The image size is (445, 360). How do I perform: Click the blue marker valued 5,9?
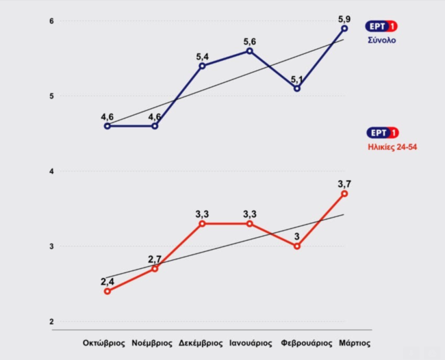pos(344,28)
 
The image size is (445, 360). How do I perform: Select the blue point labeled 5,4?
pos(202,66)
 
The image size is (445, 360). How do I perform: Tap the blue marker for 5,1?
pos(297,88)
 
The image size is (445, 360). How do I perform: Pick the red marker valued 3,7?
pos(344,194)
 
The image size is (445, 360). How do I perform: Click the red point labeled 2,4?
pos(107,291)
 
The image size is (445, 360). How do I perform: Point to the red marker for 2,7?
pos(155,268)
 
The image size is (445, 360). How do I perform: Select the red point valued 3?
pos(297,246)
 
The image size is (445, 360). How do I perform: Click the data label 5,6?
pos(249,42)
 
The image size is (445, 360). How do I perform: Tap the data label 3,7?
pos(344,183)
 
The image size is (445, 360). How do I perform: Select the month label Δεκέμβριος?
pos(199,342)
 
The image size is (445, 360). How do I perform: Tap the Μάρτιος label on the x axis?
pos(354,342)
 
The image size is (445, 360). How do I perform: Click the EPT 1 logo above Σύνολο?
pos(383,27)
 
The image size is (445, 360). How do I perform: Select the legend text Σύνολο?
pos(383,40)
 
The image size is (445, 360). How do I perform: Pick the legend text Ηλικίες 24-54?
pos(393,146)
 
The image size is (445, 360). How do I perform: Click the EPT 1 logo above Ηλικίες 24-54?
pos(383,133)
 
